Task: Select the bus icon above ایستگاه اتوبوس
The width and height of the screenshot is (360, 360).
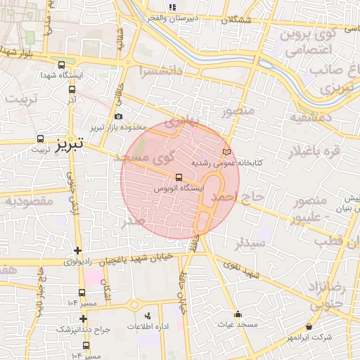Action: (x=178, y=177)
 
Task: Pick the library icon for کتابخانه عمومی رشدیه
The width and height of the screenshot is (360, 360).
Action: (x=226, y=152)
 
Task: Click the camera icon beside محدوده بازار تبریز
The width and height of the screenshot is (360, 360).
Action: (x=117, y=117)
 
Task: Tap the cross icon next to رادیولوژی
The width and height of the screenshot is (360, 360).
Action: (x=77, y=250)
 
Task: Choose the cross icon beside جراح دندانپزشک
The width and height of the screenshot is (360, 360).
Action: (x=83, y=319)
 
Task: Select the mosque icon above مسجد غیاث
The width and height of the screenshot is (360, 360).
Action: (x=238, y=314)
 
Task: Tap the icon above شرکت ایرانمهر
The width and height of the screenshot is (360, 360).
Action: (x=310, y=326)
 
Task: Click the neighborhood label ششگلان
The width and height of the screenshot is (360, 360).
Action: (x=235, y=20)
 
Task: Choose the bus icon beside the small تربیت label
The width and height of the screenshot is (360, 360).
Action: (x=40, y=139)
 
